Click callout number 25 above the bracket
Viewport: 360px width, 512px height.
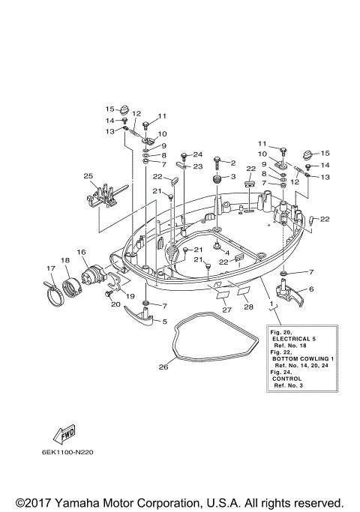[88, 176]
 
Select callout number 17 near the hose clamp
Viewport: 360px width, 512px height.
[51, 268]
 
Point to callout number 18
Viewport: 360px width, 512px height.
[65, 260]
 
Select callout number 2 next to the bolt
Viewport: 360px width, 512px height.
[232, 163]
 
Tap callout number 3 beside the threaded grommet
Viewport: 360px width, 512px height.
[232, 177]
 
